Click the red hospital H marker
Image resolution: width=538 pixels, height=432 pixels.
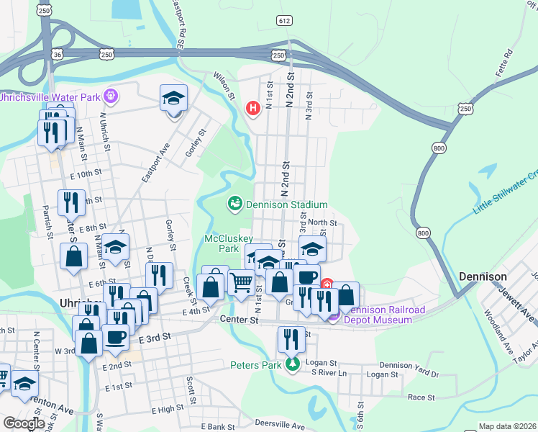coord(252,109)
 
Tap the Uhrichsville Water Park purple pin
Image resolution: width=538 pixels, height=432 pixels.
coord(110,96)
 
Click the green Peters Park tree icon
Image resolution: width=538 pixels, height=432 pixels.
coord(292,364)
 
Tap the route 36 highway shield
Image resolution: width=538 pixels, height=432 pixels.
coord(58,54)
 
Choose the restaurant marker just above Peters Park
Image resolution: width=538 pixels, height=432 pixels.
coord(291,338)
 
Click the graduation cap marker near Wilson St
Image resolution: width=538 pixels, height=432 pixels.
coord(173,99)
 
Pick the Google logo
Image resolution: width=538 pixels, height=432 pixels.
coord(24,423)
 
